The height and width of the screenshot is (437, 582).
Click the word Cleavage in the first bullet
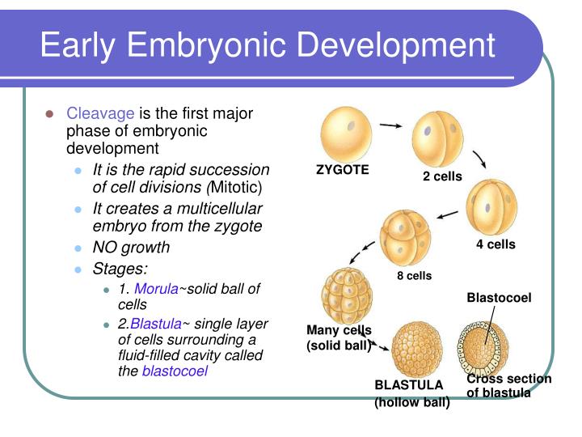101,113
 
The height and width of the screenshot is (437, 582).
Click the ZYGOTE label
342,170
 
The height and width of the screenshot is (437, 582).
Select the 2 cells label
442,176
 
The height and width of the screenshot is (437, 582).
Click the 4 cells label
495,244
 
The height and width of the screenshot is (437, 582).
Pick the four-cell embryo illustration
492,207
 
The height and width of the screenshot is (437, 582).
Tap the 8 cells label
414,276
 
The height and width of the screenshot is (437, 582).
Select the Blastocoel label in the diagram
499,298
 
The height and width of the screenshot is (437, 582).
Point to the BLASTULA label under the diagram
409,385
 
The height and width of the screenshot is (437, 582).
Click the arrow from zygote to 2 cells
391,126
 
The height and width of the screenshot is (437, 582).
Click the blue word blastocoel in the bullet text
175,371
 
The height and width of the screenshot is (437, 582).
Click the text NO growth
131,248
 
